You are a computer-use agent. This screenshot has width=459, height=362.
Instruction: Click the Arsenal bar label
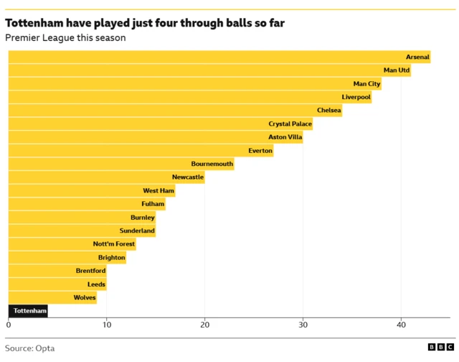pyautogui.click(x=417, y=57)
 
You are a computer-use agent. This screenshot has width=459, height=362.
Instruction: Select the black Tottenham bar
pyautogui.click(x=28, y=311)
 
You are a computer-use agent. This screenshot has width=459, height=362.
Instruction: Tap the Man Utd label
pyautogui.click(x=397, y=70)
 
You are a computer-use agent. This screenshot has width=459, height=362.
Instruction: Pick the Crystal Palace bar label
pyautogui.click(x=290, y=124)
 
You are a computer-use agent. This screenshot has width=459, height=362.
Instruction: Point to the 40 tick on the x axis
pyautogui.click(x=401, y=325)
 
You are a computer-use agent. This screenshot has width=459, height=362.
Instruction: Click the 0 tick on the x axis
pyautogui.click(x=9, y=325)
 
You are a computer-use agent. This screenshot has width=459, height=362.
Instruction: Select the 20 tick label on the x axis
pyautogui.click(x=205, y=325)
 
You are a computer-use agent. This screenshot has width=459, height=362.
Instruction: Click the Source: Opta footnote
pyautogui.click(x=30, y=348)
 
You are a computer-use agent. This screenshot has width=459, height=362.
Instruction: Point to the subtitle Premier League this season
pyautogui.click(x=65, y=38)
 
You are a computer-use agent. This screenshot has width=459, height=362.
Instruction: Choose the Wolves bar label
pyautogui.click(x=85, y=297)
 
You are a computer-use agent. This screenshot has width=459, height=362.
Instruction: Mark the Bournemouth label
pyautogui.click(x=212, y=164)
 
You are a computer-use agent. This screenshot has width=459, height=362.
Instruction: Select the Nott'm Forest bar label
pyautogui.click(x=113, y=244)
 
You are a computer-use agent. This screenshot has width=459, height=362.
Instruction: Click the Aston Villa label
pyautogui.click(x=285, y=137)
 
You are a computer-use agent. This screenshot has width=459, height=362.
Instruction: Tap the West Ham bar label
pyautogui.click(x=158, y=191)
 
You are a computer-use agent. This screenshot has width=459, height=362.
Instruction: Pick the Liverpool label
pyautogui.click(x=356, y=97)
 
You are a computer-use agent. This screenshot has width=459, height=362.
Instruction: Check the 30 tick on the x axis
pyautogui.click(x=303, y=325)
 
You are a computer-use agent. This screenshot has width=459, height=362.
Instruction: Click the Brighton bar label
pyautogui.click(x=111, y=257)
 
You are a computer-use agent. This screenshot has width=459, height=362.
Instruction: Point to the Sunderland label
pyautogui.click(x=136, y=231)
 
